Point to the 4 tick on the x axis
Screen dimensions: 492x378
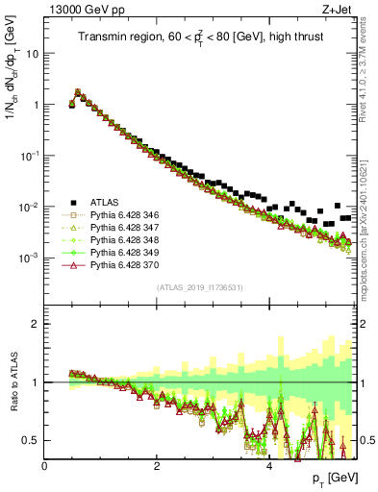pyautogui.click(x=268, y=466)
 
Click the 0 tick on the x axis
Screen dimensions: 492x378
pyautogui.click(x=45, y=466)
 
